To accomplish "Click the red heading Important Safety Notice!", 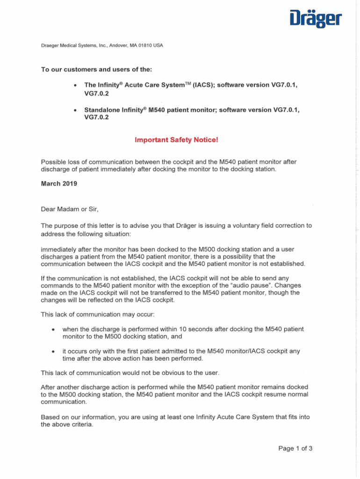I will (176, 140).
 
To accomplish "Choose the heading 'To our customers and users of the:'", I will (96, 70).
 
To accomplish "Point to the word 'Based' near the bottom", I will (51, 417).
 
